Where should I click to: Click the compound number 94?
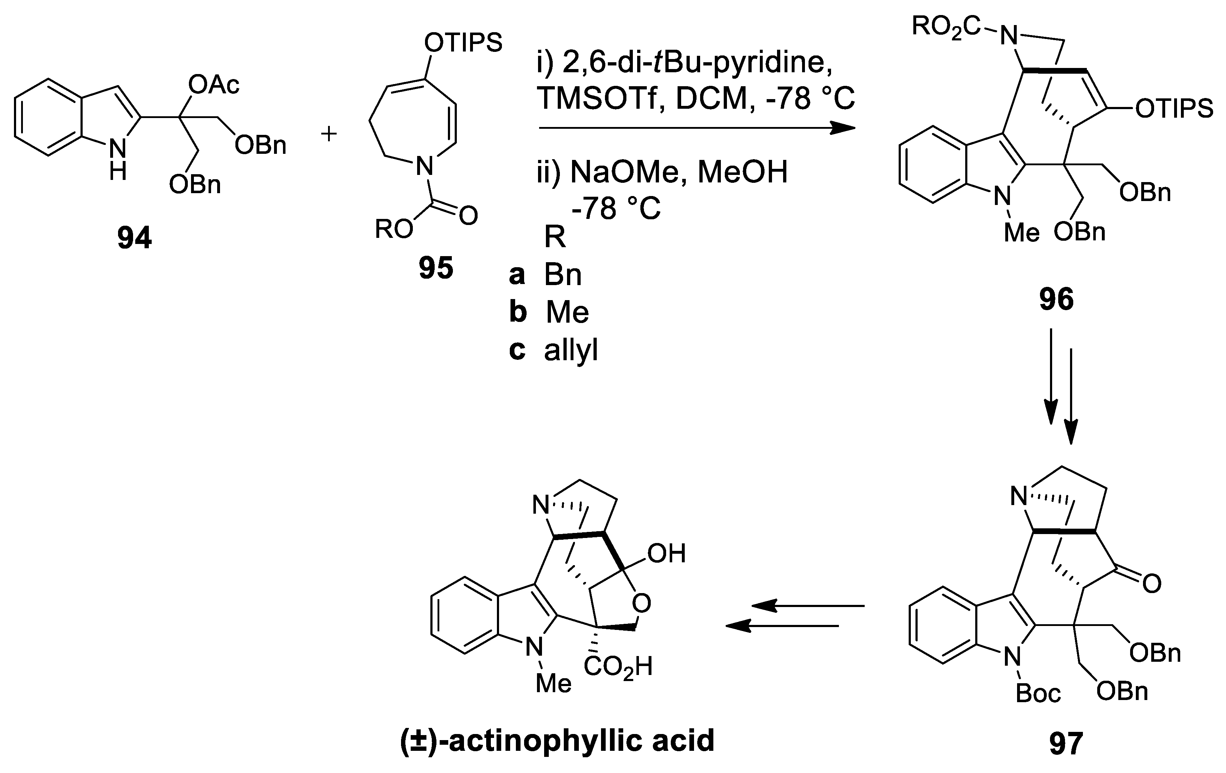point(135,238)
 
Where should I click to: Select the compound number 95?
point(436,268)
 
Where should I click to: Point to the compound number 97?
point(1066,743)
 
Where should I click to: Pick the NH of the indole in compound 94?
point(118,160)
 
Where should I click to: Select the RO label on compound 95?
point(394,229)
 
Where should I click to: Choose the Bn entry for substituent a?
point(563,275)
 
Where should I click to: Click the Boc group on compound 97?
point(1038,694)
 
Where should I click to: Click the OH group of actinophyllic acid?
point(666,553)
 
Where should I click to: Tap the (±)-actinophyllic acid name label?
point(557,740)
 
